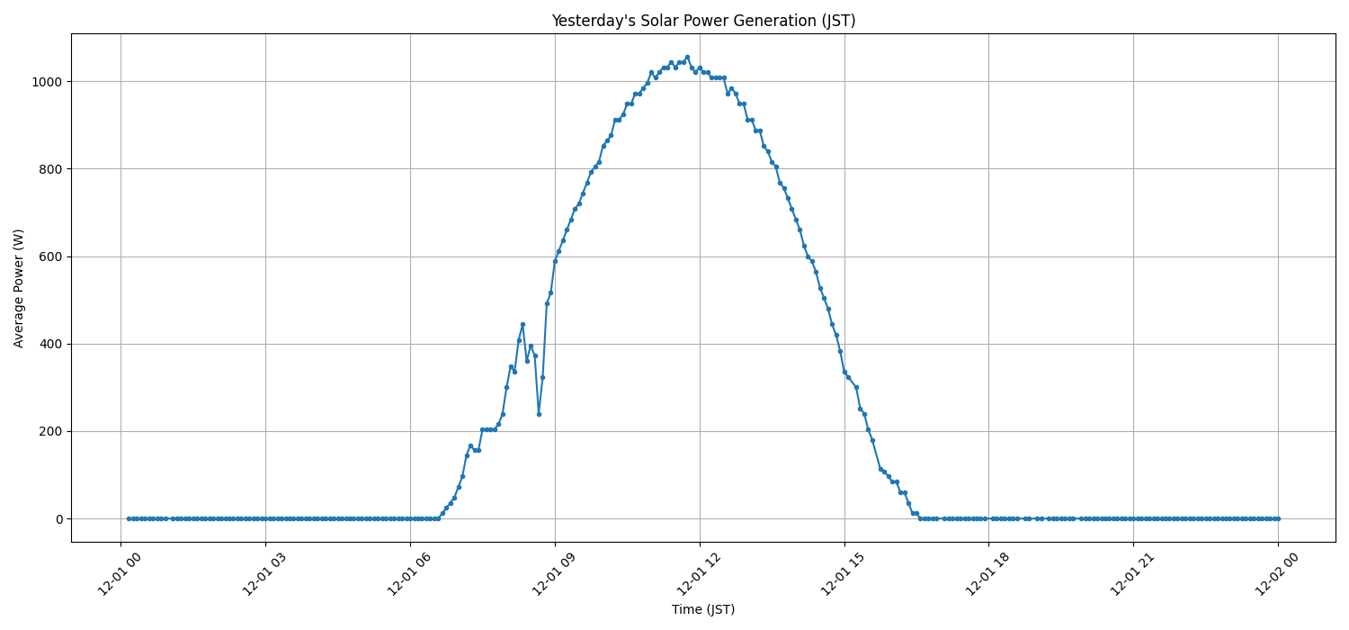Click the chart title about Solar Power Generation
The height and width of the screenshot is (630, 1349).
tap(703, 21)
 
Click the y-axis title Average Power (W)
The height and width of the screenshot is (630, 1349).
tap(19, 288)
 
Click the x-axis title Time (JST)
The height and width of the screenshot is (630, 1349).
tap(703, 609)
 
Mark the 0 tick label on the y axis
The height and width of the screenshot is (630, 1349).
tap(59, 519)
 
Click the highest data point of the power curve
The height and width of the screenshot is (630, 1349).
tap(687, 57)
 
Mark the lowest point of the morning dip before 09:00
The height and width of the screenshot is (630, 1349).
tap(539, 414)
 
